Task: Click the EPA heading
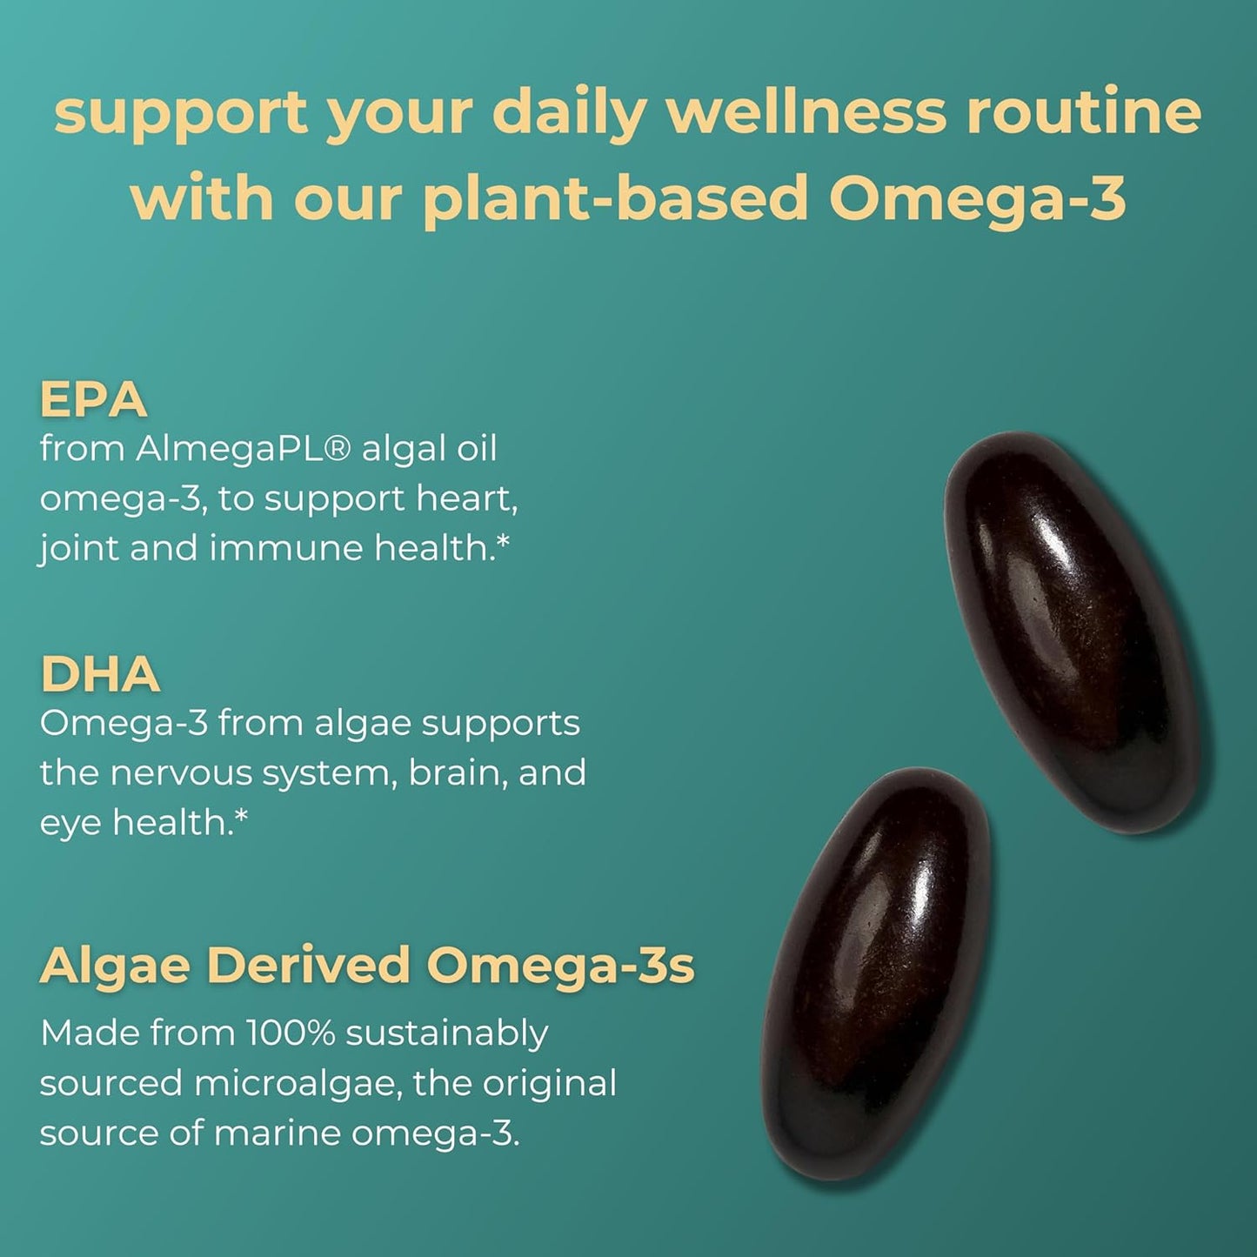pyautogui.click(x=93, y=400)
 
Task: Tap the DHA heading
pyautogui.click(x=100, y=674)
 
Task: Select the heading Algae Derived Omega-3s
pyautogui.click(x=367, y=966)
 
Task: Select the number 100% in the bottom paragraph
pyautogui.click(x=291, y=1033)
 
